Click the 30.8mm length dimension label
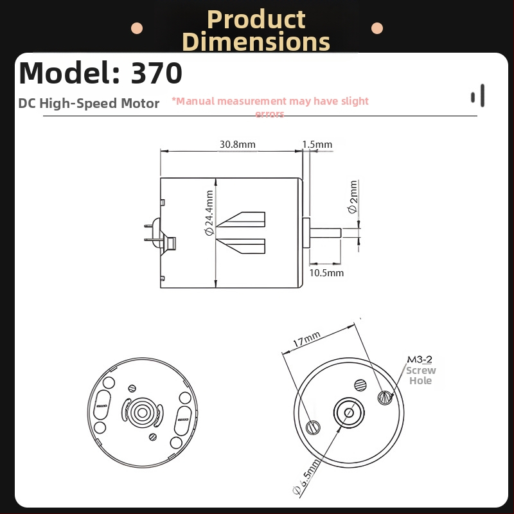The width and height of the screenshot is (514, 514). tap(237, 145)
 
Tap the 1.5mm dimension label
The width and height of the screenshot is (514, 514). tap(317, 145)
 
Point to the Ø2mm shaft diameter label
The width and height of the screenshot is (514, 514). tap(353, 197)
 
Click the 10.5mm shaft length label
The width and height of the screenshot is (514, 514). tap(326, 273)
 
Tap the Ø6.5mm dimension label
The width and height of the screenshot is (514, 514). tap(307, 479)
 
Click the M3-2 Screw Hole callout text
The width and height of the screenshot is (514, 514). tap(420, 370)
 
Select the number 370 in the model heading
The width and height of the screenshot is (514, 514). tap(157, 74)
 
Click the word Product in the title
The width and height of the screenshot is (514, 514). tap(256, 19)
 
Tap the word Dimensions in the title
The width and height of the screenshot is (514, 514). tap(256, 42)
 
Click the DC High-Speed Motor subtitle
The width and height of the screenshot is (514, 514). tap(89, 103)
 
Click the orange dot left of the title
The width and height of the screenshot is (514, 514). tap(136, 28)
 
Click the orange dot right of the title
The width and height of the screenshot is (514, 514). tap(377, 28)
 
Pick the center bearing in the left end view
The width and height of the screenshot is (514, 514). tap(141, 412)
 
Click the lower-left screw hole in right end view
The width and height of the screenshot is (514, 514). tap(313, 425)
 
